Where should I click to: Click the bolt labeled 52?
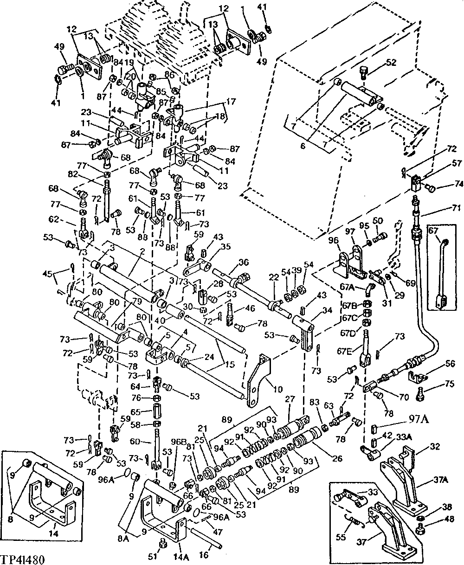[364, 71]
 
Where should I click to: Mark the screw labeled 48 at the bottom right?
[421, 527]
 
